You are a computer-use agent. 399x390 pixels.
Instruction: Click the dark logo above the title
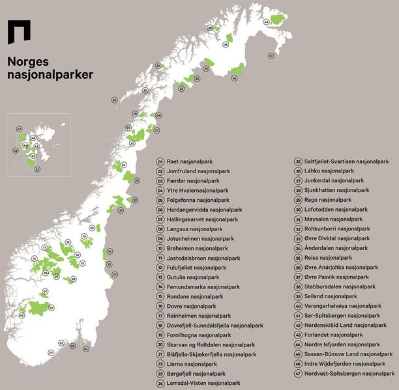(x=18, y=31)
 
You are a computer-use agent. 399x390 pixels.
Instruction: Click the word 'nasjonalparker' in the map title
(x=50, y=75)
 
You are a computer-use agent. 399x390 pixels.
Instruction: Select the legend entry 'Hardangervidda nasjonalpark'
(x=198, y=210)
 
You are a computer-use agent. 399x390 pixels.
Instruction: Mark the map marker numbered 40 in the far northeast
(x=266, y=21)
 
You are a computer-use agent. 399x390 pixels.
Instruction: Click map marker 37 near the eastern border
(x=271, y=56)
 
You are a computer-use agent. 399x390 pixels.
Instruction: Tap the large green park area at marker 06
(x=39, y=307)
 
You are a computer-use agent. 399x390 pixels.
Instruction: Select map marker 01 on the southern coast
(x=50, y=352)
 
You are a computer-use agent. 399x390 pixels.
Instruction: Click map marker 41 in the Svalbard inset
(x=37, y=169)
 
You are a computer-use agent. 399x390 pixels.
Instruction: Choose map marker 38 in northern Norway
(x=226, y=44)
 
